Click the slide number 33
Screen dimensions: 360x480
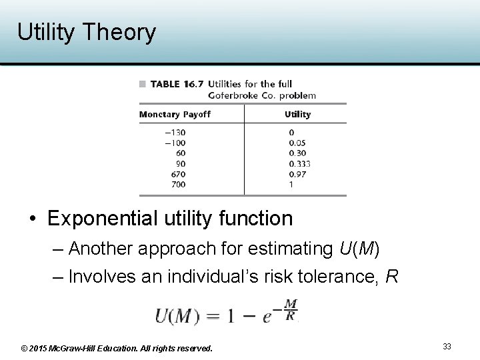[x=447, y=347]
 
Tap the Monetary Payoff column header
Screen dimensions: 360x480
[x=175, y=115]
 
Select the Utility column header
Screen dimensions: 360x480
[x=297, y=115]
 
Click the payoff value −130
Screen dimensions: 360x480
[x=175, y=132]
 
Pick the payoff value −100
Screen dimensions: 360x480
[x=175, y=143]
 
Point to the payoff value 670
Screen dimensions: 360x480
[x=178, y=174]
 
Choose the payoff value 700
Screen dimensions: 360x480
[x=178, y=184]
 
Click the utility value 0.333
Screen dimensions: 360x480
[x=300, y=164]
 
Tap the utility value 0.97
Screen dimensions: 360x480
[x=298, y=174]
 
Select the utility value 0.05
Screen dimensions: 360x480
[x=298, y=143]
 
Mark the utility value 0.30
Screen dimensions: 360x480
[x=298, y=153]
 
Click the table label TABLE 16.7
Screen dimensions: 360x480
[x=175, y=84]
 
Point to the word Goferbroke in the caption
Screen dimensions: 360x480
[x=235, y=95]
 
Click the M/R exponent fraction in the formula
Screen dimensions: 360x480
[x=291, y=309]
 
